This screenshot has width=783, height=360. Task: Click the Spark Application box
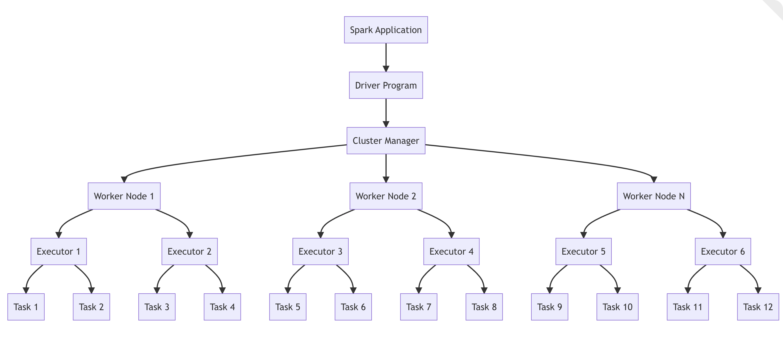386,30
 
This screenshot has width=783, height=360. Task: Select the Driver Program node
386,85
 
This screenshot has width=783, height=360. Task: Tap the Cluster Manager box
386,141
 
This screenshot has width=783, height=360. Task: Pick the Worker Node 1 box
124,196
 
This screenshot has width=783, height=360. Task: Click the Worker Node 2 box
386,196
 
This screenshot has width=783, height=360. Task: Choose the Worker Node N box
653,196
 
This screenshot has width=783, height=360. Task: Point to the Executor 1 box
59,252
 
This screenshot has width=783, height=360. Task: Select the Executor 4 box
451,252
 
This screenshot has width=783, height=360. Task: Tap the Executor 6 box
723,252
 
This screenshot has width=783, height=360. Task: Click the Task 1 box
26,307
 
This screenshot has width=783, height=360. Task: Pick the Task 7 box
419,307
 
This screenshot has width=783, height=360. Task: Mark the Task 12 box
758,307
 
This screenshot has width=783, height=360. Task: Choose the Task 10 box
617,307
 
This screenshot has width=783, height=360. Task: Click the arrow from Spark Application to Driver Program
386,56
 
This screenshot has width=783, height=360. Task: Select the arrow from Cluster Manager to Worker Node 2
386,167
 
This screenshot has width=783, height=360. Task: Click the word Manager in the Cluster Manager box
402,141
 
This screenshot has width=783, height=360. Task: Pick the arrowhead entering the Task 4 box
222,290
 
